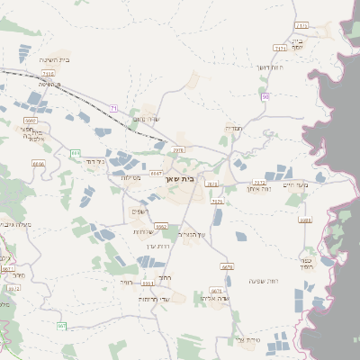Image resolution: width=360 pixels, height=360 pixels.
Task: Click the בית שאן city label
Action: click(181, 179)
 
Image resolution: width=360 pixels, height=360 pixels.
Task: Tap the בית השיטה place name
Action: click(56, 60)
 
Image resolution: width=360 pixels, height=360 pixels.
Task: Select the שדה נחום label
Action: click(145, 119)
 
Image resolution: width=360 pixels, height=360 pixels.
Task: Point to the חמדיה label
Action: click(232, 127)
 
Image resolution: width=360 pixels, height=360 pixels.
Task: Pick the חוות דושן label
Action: click(270, 67)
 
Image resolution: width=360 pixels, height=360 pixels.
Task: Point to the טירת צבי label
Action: click(246, 339)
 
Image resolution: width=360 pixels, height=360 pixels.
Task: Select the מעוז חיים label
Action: click(295, 184)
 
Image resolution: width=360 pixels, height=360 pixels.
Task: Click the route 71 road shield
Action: click(114, 108)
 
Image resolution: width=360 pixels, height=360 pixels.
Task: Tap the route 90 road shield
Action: click(265, 95)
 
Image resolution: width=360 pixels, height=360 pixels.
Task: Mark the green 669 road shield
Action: click(76, 153)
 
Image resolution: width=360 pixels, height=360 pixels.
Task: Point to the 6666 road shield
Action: click(38, 165)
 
